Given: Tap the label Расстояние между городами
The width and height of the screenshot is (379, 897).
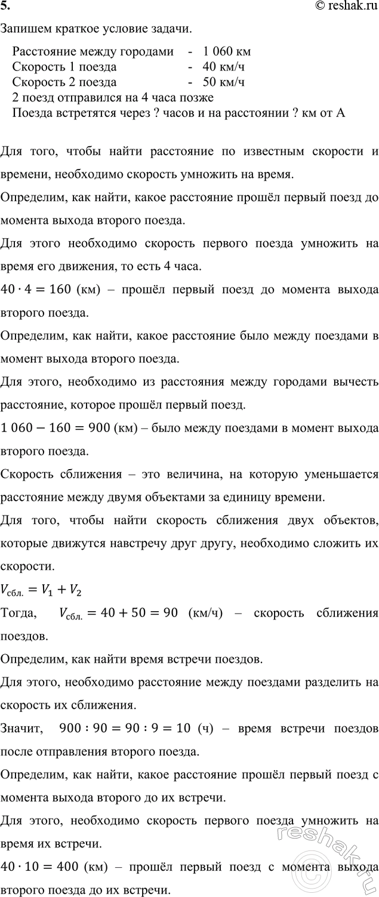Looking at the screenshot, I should pos(93,52).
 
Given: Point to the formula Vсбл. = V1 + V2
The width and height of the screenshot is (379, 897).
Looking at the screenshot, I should pos(41,591).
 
